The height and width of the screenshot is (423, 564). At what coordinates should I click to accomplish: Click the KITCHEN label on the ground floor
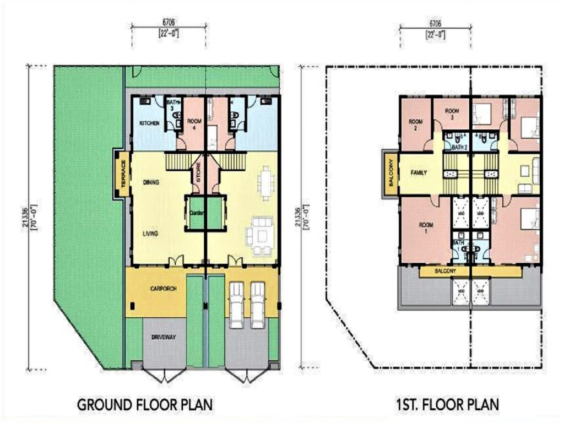point(150,123)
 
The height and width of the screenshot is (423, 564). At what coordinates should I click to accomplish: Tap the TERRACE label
point(123,174)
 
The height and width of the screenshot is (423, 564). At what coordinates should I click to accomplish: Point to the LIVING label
point(150,234)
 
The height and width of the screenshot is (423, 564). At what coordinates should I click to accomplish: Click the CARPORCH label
point(163,288)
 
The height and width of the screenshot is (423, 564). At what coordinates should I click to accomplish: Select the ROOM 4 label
point(194,123)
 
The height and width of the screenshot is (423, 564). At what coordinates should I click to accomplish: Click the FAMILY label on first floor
point(419,172)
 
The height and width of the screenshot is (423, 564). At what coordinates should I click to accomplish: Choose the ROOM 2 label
point(415,124)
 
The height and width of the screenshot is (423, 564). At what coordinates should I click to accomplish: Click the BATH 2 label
point(460,148)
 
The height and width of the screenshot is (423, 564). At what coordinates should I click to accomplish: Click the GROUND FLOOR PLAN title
point(144,405)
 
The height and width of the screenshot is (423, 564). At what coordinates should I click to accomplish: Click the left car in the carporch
point(236,305)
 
